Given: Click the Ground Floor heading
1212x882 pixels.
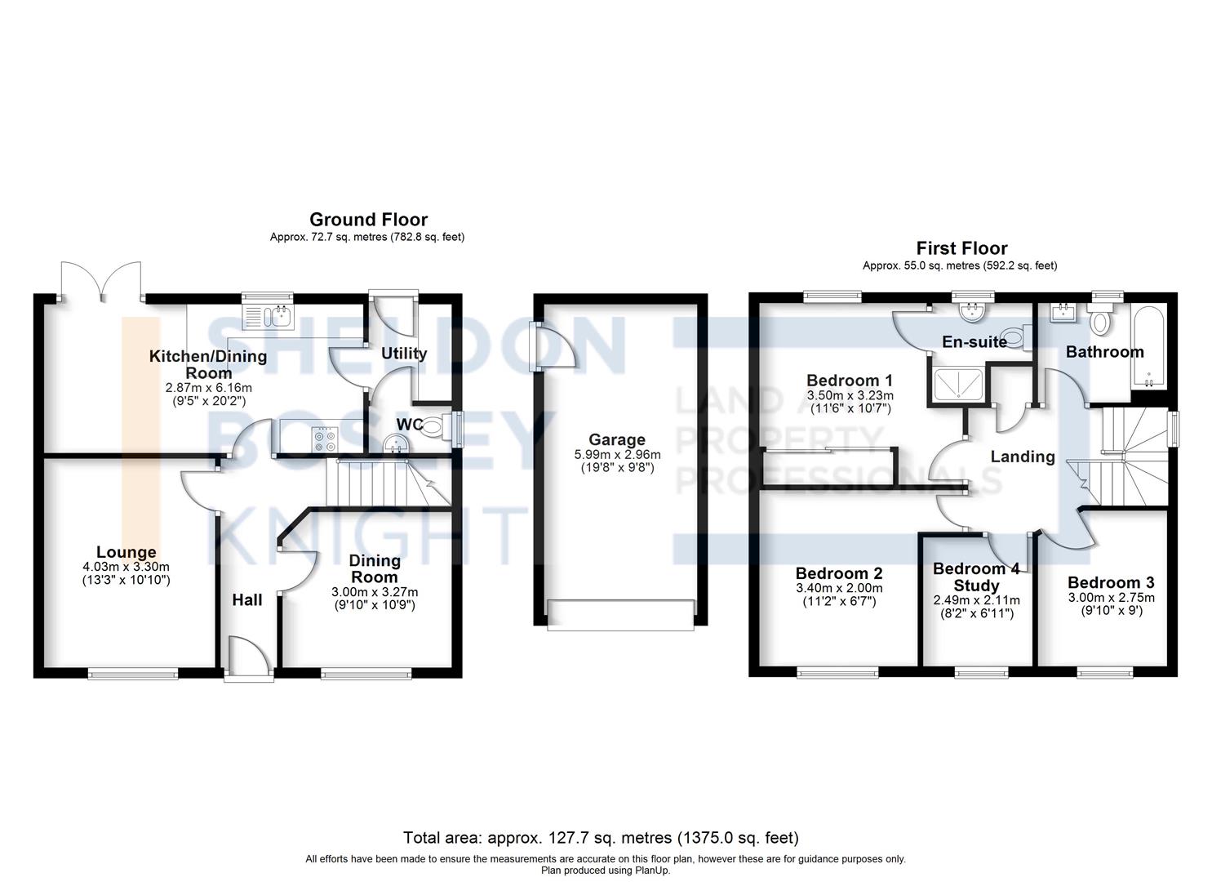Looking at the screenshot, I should (368, 220).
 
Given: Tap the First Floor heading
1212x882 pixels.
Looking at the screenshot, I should (961, 248).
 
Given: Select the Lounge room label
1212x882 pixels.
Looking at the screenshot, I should (126, 553).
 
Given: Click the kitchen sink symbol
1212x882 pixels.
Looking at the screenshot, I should (268, 314).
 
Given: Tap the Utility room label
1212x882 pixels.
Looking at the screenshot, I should (404, 354).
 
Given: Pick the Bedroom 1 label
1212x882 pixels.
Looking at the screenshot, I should (849, 381).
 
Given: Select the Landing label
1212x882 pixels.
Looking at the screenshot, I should (1022, 457).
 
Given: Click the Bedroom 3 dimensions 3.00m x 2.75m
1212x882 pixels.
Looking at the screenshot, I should (1111, 597).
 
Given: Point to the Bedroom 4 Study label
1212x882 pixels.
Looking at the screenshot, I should (976, 577).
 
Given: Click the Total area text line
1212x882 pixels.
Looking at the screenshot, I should (601, 838).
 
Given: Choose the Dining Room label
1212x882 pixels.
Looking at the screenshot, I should (375, 568).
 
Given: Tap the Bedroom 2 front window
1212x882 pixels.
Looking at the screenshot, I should (838, 672).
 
